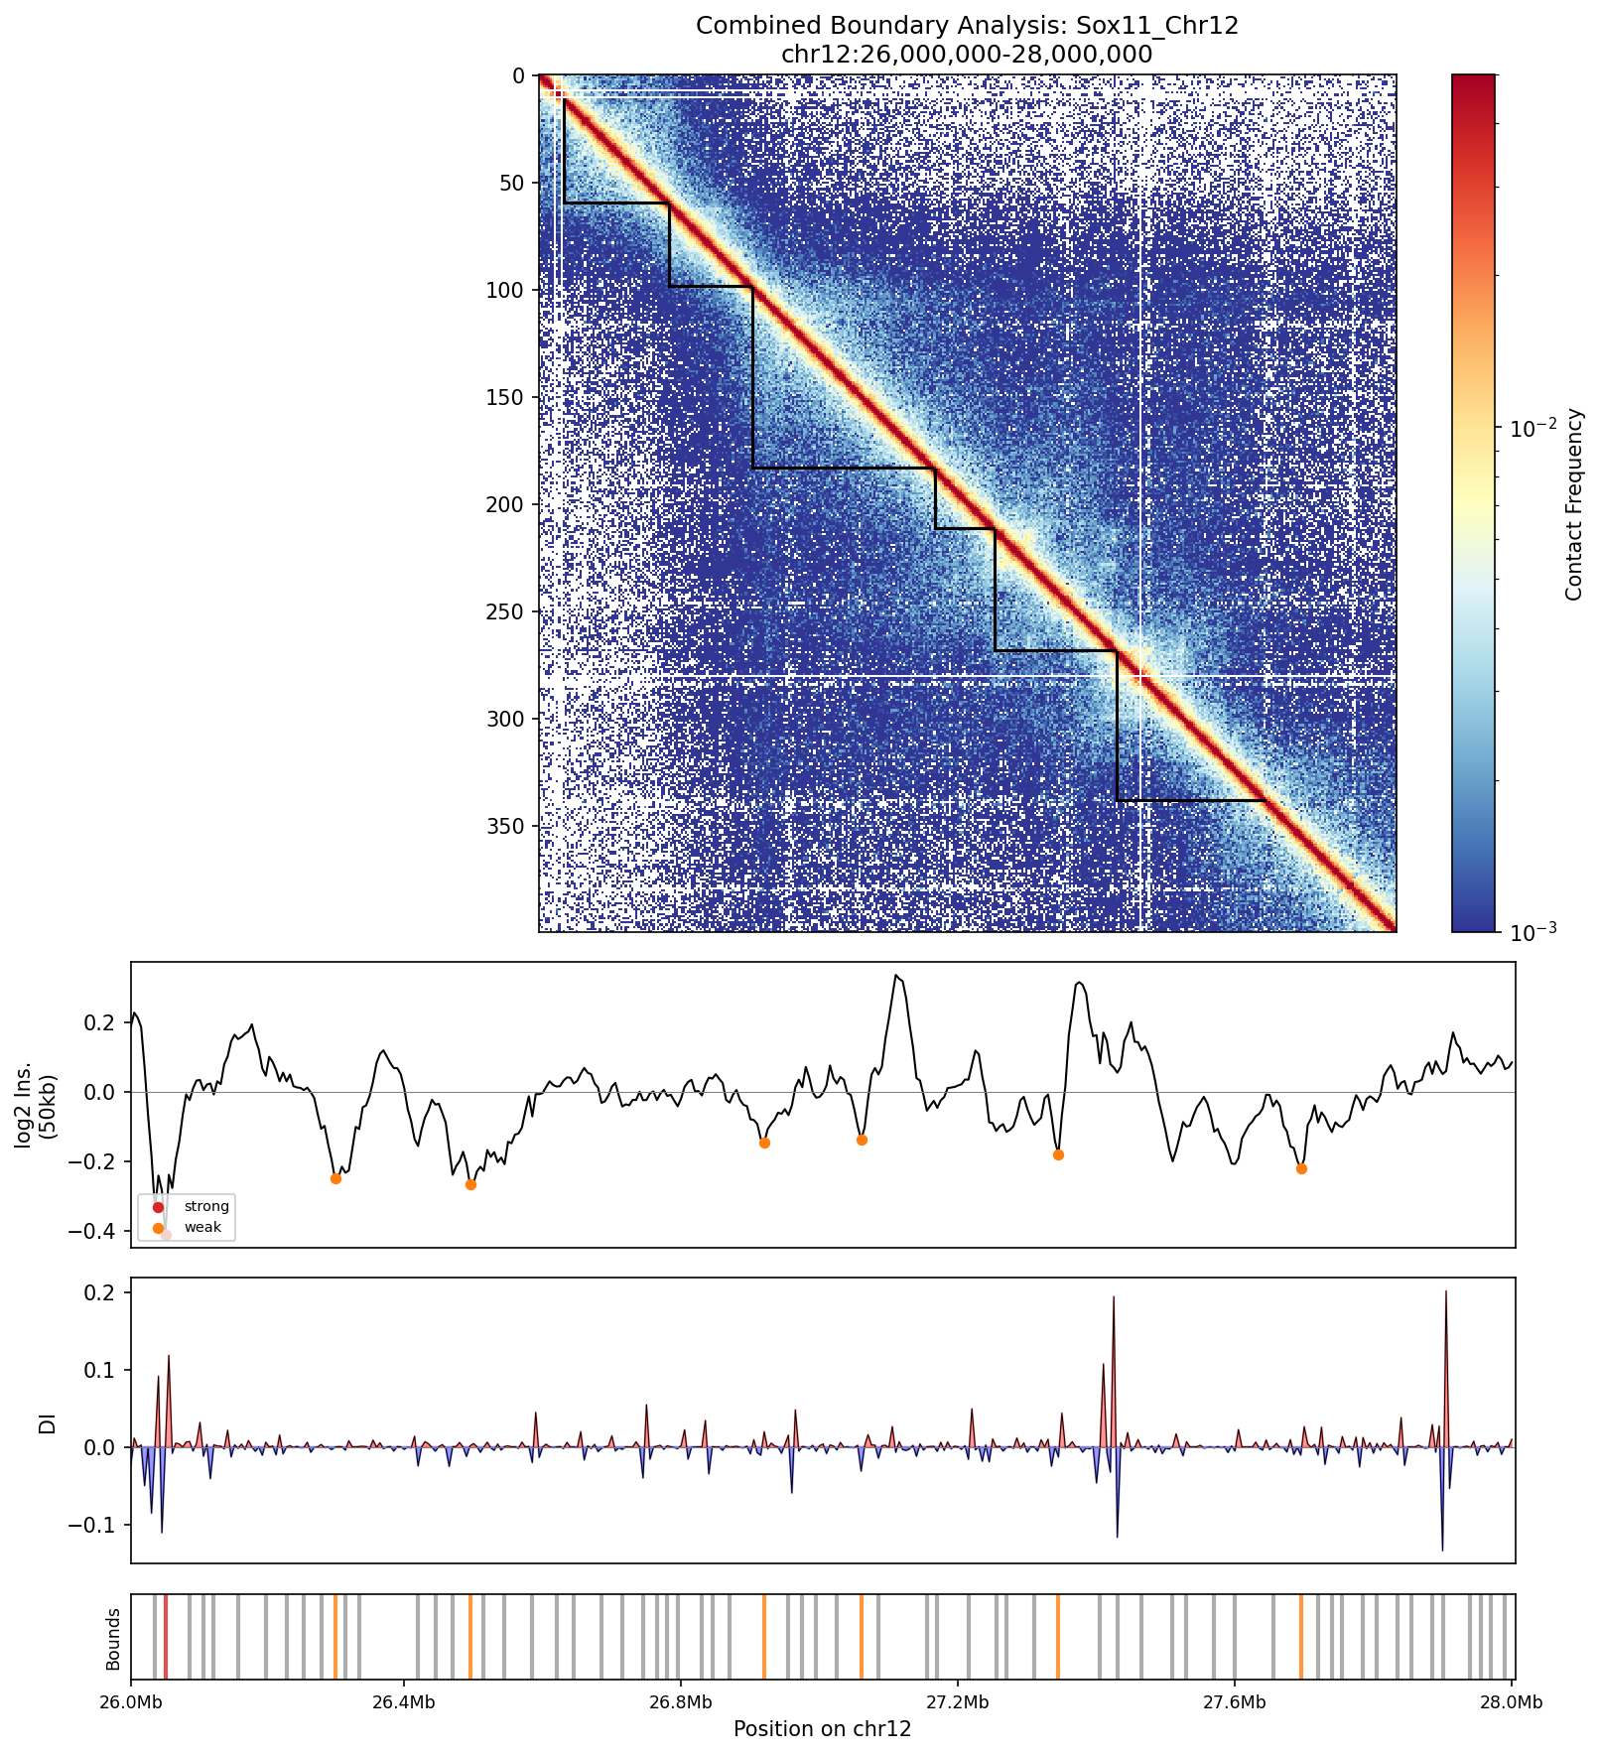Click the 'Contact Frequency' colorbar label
click(x=1572, y=504)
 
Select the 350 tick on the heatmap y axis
click(x=512, y=826)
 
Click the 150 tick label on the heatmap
click(x=512, y=397)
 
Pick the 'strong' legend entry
click(x=205, y=1206)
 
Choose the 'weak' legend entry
click(x=202, y=1227)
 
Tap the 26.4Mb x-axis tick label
click(x=404, y=1703)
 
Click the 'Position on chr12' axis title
click(x=822, y=1729)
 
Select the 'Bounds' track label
click(x=113, y=1639)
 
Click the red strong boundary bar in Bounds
click(x=166, y=1637)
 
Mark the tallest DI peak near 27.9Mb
click(x=1445, y=1292)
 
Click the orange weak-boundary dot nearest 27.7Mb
click(x=1301, y=1168)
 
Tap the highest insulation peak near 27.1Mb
click(x=896, y=976)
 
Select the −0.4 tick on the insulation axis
click(x=103, y=1231)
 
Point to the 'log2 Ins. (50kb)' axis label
click(x=36, y=1104)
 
